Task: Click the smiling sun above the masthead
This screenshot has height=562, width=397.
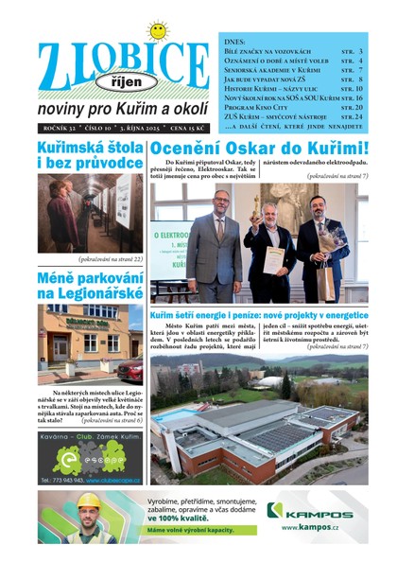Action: [x=158, y=30]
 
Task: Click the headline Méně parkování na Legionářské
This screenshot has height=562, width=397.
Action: [x=90, y=286]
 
